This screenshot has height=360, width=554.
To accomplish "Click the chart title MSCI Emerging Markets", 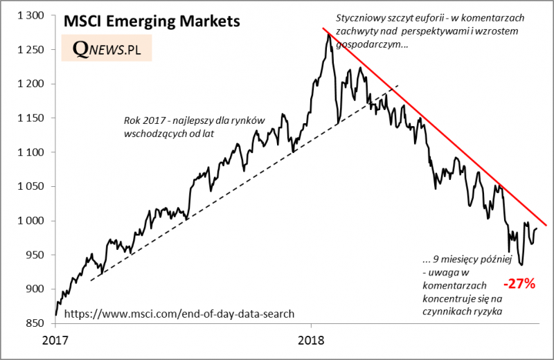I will (x=152, y=21).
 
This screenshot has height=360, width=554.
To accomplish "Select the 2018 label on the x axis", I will (x=310, y=340).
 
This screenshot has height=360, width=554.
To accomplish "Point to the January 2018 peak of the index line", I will (x=328, y=34).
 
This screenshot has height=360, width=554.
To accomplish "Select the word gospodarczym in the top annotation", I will (x=366, y=44).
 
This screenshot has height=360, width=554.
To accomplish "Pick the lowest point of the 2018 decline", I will (x=521, y=264).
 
